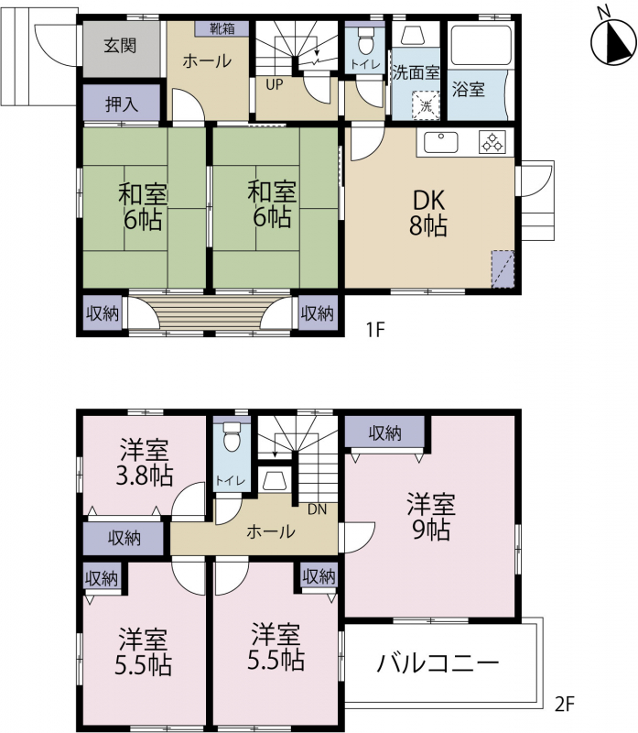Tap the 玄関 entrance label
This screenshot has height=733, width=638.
120,46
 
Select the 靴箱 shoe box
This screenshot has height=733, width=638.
222,28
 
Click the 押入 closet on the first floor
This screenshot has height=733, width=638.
122,104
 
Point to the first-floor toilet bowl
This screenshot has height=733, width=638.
365,41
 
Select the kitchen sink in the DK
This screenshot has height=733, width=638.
440,142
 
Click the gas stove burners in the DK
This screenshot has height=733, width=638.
492,142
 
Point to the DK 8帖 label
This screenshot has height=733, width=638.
428,213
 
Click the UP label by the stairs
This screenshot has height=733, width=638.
275,84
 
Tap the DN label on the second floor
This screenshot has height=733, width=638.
317,509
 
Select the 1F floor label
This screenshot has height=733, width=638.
374,330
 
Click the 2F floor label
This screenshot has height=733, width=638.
564,704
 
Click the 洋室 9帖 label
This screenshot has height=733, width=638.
430,517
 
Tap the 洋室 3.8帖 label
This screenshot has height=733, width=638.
145,462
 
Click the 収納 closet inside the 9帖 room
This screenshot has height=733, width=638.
384,432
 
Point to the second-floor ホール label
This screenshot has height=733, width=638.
270,531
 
